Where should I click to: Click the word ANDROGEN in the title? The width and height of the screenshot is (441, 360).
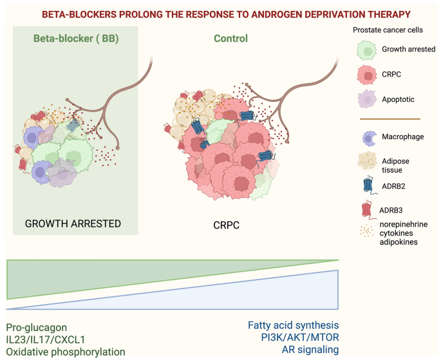click(286, 12)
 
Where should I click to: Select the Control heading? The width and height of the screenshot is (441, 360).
click(230, 39)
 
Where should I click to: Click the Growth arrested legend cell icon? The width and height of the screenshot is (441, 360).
click(366, 48)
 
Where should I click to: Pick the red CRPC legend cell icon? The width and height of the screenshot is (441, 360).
click(366, 73)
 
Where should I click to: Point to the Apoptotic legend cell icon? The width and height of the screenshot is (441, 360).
click(366, 99)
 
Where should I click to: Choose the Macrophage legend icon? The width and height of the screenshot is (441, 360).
click(366, 137)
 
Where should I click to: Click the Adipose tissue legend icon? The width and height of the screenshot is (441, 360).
click(366, 161)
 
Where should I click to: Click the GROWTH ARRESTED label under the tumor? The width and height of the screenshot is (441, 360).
click(73, 224)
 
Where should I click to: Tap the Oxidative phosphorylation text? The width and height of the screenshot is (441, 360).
click(66, 351)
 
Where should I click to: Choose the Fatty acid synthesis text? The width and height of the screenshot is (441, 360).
click(293, 325)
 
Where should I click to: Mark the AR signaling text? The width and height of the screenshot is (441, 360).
click(310, 350)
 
